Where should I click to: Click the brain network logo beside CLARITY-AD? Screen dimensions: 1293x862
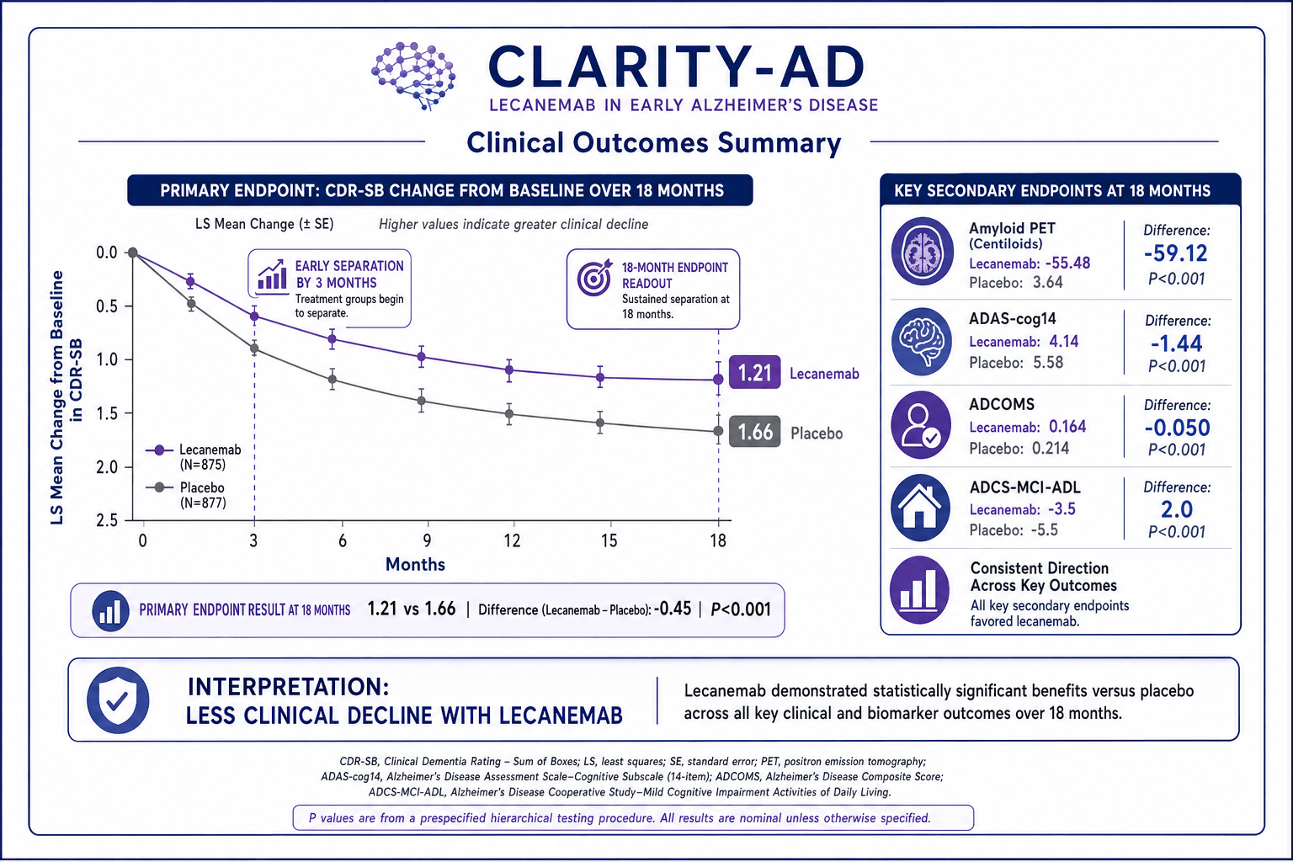(413, 76)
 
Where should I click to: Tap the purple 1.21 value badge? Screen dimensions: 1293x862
(754, 372)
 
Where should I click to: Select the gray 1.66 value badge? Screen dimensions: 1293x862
(754, 432)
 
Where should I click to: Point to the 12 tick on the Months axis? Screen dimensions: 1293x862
(512, 540)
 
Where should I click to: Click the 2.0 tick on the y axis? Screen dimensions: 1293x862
(106, 466)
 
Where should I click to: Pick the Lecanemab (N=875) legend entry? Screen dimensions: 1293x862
(194, 457)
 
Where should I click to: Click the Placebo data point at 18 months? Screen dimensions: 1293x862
(718, 431)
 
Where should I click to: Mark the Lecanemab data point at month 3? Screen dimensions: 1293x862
(254, 316)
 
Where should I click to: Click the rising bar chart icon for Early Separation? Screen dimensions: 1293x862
(273, 274)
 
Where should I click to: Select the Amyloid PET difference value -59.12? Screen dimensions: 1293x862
(1176, 253)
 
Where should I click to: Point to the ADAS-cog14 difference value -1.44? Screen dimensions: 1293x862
(1176, 343)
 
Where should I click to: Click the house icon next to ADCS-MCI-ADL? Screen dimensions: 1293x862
(920, 508)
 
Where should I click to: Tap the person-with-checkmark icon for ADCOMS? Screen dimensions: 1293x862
(920, 425)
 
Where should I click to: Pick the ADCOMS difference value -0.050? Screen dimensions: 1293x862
(1177, 428)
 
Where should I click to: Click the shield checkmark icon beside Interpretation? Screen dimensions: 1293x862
(118, 700)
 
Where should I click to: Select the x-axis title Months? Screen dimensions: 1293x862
(415, 564)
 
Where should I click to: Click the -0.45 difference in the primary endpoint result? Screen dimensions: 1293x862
(673, 609)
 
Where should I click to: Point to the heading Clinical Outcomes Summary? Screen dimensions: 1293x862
(653, 142)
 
